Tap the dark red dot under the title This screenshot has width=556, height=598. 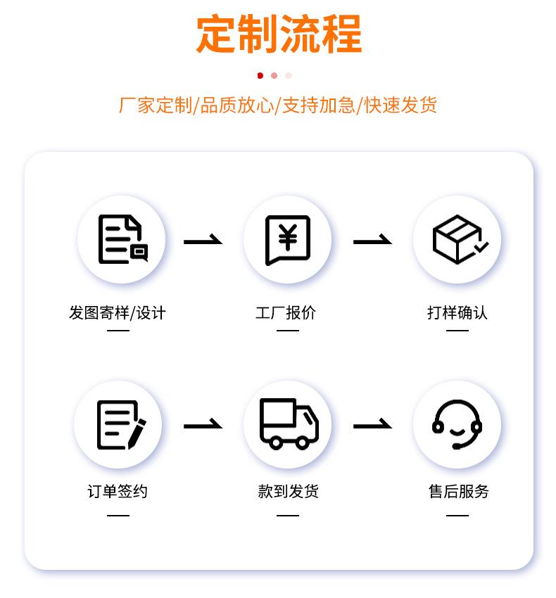[260, 76]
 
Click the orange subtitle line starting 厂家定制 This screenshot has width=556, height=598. [278, 106]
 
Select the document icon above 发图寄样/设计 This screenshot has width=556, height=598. [121, 239]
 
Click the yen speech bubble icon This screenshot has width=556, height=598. [287, 239]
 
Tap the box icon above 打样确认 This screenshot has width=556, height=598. [457, 239]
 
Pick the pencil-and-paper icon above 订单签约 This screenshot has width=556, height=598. [120, 424]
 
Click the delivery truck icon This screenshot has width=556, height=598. [288, 424]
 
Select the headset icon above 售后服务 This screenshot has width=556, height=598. [457, 424]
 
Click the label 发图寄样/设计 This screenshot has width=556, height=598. [118, 313]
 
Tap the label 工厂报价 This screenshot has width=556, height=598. [286, 313]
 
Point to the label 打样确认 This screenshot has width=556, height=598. [457, 313]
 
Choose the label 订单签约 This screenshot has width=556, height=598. [118, 491]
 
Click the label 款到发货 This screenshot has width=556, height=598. [288, 491]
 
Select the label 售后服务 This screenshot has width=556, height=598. [458, 491]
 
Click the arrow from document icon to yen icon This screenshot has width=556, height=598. [203, 241]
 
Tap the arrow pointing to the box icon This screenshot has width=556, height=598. [372, 241]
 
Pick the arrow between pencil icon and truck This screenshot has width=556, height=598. [203, 426]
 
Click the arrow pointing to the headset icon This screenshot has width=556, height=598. [372, 426]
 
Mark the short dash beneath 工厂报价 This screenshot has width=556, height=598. [287, 331]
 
